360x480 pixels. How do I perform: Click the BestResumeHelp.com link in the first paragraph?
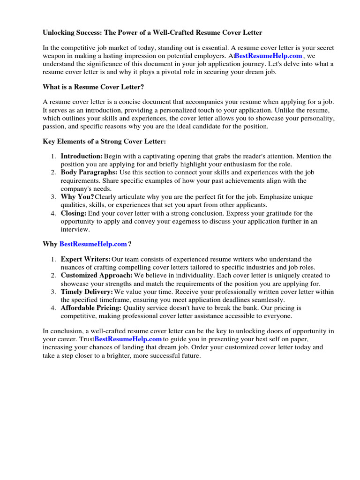coord(268,56)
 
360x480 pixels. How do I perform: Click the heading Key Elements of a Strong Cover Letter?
coord(104,141)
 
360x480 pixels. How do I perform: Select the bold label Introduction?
coord(82,156)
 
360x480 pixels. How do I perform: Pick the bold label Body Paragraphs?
coord(89,172)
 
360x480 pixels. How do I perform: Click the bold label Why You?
coord(77,197)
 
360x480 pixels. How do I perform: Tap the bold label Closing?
coord(74,213)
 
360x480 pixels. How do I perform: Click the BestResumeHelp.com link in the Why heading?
coord(93,244)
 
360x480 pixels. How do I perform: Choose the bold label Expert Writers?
coord(86,259)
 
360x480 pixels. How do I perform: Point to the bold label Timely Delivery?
coord(87,292)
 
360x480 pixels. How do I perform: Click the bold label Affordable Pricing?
coord(91,308)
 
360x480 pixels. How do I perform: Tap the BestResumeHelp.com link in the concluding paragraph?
coord(128,339)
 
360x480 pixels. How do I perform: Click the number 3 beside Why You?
coord(53,197)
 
